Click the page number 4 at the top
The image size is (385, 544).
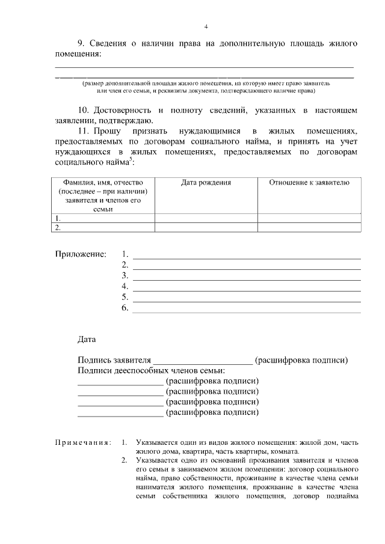(206, 26)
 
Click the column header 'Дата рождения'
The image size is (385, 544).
(206, 182)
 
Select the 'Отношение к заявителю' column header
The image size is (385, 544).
(309, 182)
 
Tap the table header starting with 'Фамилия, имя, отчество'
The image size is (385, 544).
(103, 195)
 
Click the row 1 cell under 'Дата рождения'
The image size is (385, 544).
(206, 219)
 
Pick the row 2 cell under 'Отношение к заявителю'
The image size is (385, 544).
(309, 228)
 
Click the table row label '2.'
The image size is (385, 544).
(58, 228)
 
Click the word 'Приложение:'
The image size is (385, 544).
(81, 254)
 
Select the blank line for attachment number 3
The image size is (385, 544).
(246, 279)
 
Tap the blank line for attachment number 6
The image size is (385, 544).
(246, 311)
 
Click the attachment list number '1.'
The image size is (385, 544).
(125, 254)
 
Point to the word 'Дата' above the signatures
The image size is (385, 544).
(87, 339)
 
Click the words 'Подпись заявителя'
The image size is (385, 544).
(114, 360)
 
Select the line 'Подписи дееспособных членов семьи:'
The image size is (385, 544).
(151, 370)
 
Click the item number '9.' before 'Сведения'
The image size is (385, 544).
(83, 43)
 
